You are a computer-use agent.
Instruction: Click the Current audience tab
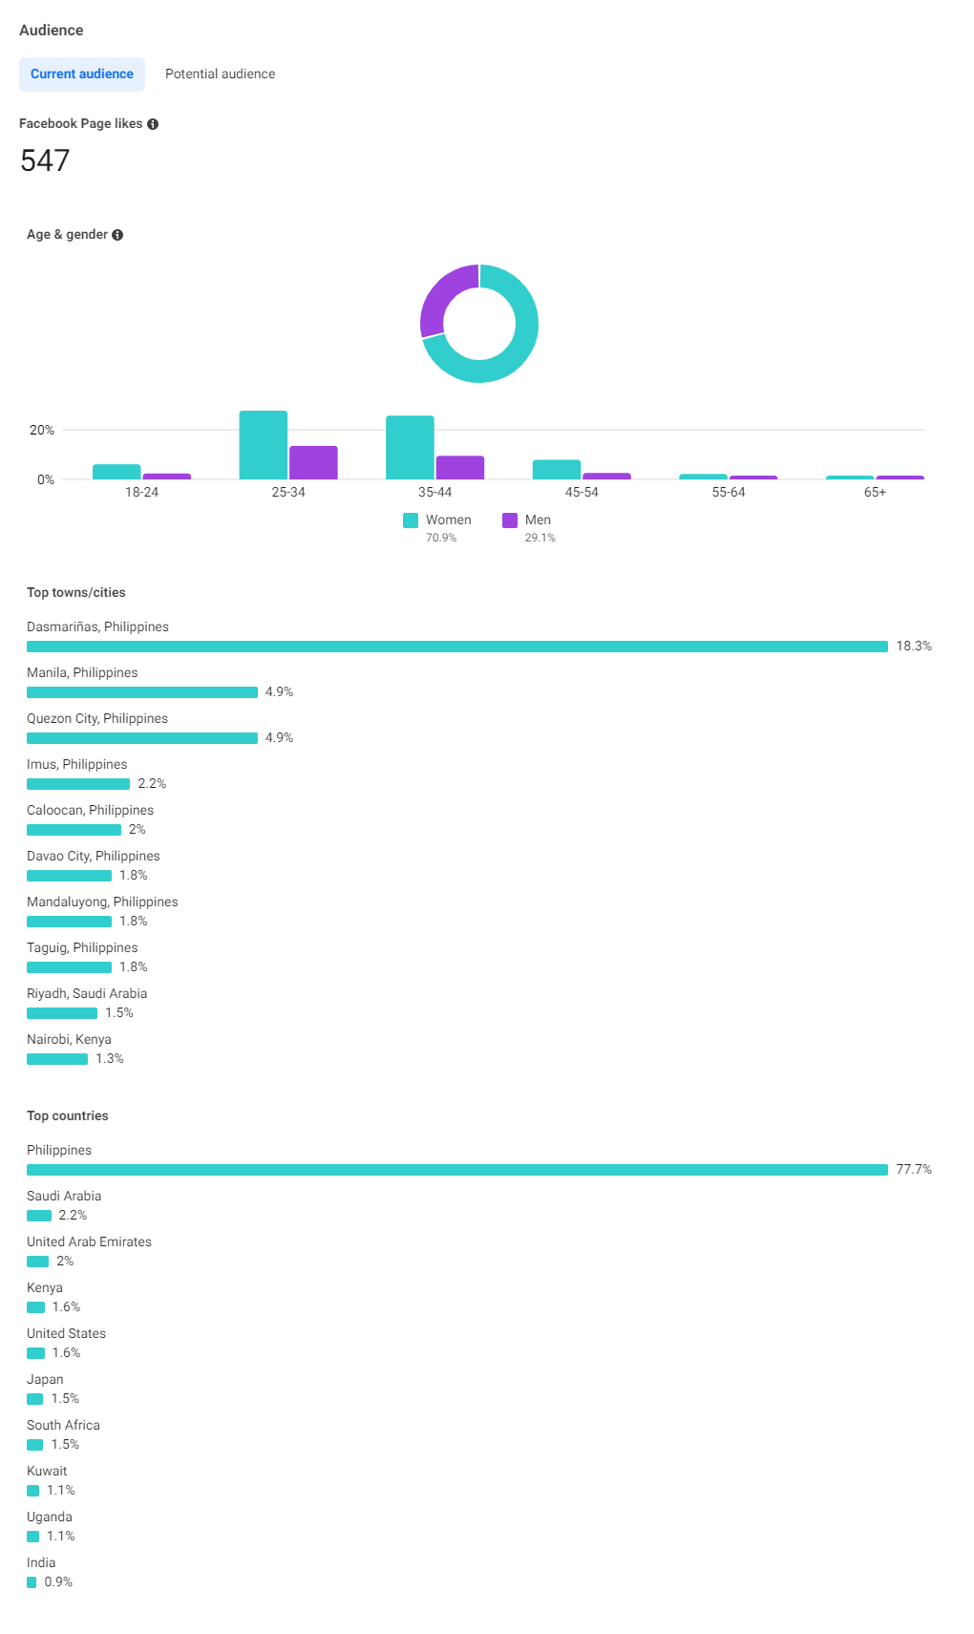tap(82, 74)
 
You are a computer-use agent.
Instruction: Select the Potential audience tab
tap(220, 74)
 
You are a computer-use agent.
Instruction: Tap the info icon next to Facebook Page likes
tap(153, 124)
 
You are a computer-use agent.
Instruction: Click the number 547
tap(45, 160)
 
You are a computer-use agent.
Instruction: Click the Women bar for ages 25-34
tap(264, 445)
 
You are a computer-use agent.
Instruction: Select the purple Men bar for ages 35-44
tap(460, 467)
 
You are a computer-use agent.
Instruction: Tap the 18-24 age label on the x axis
tap(141, 492)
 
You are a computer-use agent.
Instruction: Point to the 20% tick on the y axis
tap(42, 430)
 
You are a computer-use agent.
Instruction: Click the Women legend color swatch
tap(411, 520)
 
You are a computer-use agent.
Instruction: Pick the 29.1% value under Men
tap(540, 538)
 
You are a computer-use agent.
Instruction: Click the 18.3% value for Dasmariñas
tap(914, 647)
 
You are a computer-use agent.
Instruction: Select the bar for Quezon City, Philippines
tap(142, 738)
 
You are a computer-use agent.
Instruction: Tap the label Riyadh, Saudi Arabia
tap(87, 993)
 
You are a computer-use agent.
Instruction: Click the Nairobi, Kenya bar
tap(57, 1059)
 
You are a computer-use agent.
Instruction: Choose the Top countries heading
tap(68, 1115)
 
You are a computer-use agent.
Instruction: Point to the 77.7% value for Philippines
tap(914, 1170)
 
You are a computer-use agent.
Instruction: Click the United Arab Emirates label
tap(89, 1241)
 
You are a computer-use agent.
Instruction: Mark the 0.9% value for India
tap(58, 1582)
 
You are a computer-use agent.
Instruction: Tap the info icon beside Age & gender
tap(117, 235)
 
